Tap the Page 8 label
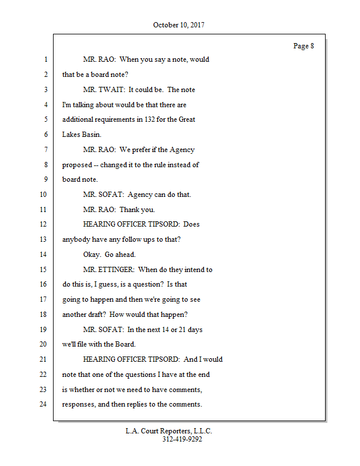[x=303, y=46]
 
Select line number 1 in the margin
[x=45, y=59]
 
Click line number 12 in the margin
[x=43, y=224]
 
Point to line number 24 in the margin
[x=43, y=404]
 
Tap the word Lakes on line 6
[x=72, y=135]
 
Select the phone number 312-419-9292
[x=182, y=440]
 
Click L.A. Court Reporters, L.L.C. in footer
[x=169, y=431]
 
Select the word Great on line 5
[x=186, y=119]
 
